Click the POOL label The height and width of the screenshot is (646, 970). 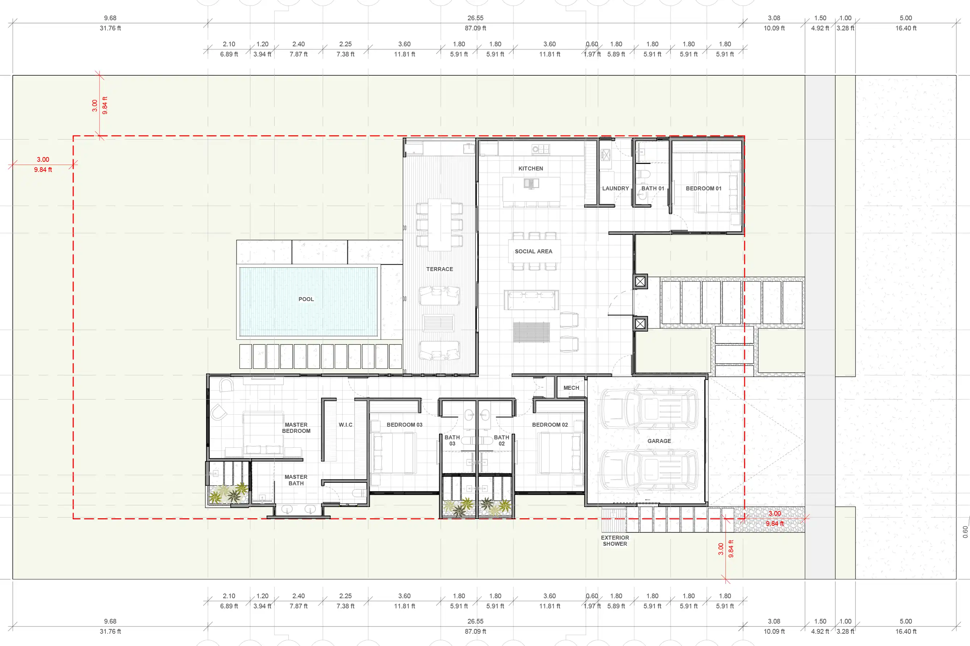[x=306, y=299]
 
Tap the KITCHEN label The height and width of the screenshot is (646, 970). [x=531, y=169]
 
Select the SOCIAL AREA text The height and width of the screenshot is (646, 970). [x=534, y=251]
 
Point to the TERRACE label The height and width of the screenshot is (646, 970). [x=439, y=269]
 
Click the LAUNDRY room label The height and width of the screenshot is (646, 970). [x=615, y=188]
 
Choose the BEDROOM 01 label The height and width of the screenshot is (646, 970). [x=704, y=188]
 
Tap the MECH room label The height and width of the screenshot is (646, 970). [x=571, y=388]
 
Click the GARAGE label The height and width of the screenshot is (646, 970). [x=659, y=441]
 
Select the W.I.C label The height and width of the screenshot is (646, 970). [x=346, y=425]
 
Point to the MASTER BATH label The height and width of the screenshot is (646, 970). [x=296, y=480]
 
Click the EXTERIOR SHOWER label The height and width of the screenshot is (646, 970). [x=615, y=541]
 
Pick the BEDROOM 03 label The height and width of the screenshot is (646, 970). [x=404, y=425]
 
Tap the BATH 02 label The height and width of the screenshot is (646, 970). [x=501, y=440]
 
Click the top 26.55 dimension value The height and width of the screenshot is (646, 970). [x=475, y=18]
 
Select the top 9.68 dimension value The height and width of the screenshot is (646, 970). [x=110, y=18]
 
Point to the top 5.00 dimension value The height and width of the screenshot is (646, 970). [x=906, y=18]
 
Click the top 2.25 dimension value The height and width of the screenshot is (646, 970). [x=346, y=44]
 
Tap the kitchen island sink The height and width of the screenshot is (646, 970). [x=531, y=183]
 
